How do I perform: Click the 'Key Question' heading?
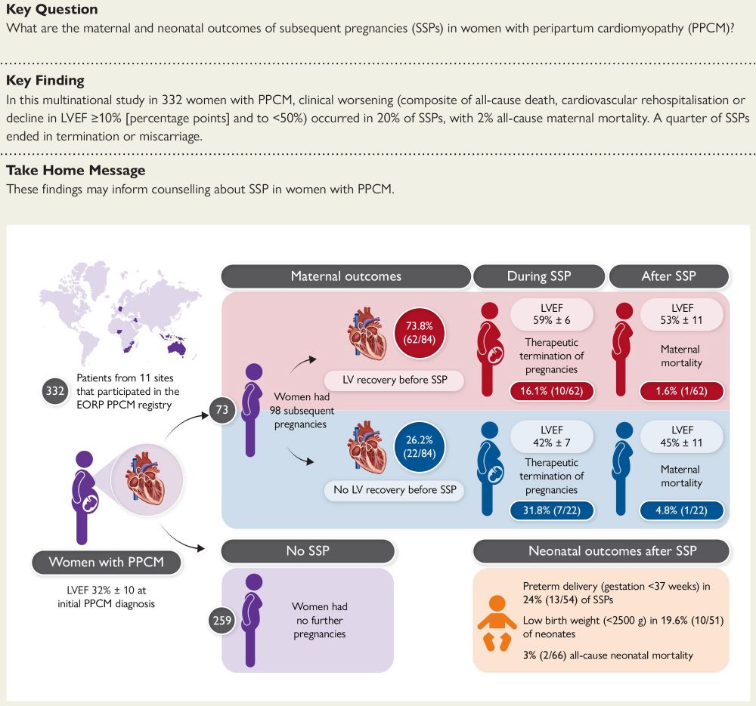click(x=51, y=9)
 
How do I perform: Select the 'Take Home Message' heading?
click(x=76, y=171)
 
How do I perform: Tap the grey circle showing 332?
click(x=55, y=390)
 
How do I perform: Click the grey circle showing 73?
click(x=222, y=410)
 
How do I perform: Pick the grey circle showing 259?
click(x=222, y=620)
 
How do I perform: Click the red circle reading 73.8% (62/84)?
click(x=419, y=333)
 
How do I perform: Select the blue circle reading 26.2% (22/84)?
click(x=419, y=446)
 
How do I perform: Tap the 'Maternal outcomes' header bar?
click(x=345, y=276)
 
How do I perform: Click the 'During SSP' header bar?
click(x=539, y=276)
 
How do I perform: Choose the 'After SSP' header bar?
click(x=669, y=276)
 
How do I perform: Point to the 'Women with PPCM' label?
click(x=107, y=562)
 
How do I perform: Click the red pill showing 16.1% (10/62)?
click(x=552, y=391)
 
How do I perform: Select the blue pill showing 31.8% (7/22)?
click(x=552, y=510)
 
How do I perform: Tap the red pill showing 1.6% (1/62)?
click(x=681, y=391)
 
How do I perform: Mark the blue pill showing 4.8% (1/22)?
click(x=681, y=510)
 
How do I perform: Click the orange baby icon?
click(x=497, y=623)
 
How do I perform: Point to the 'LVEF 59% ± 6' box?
click(x=552, y=314)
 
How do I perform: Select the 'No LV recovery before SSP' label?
click(x=395, y=490)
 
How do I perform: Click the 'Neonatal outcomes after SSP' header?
click(x=601, y=551)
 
